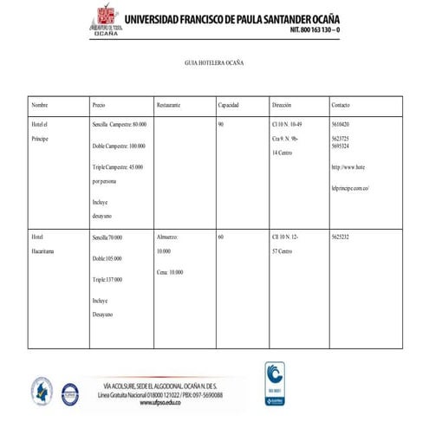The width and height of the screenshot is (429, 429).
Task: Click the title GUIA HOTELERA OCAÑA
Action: (214, 64)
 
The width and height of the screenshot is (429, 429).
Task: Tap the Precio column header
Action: (99, 105)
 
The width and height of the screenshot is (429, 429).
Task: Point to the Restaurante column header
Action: (168, 105)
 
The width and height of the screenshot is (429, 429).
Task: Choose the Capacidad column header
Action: (228, 105)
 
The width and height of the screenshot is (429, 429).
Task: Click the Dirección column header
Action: (282, 105)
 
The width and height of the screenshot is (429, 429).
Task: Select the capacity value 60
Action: (221, 237)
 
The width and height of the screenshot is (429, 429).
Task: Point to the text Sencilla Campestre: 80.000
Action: (119, 126)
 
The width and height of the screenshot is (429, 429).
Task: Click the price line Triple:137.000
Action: (107, 280)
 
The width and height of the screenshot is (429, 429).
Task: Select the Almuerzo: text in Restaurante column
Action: (167, 237)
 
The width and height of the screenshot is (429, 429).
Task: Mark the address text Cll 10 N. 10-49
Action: (286, 126)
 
